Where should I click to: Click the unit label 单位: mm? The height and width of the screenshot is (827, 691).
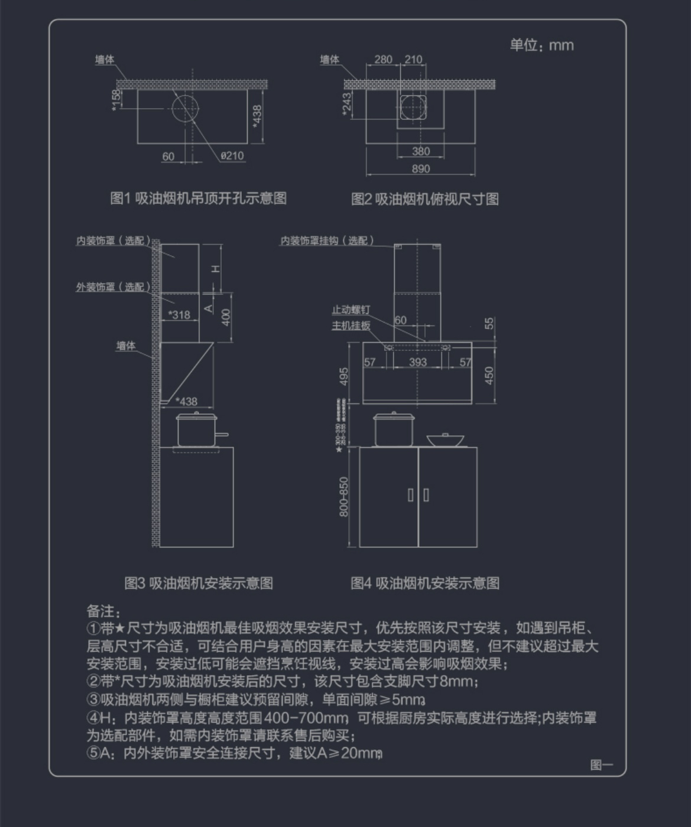coord(541,45)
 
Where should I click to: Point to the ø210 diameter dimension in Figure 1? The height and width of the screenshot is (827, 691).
coord(232,156)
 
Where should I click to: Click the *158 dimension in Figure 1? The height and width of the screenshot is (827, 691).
coord(116,99)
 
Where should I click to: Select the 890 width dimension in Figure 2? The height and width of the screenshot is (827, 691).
coord(421,169)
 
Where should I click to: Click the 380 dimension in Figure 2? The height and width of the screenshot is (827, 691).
coord(421,151)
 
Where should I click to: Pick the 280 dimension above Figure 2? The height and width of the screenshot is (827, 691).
coord(383,60)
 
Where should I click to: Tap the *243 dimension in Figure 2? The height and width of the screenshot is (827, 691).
coord(347,104)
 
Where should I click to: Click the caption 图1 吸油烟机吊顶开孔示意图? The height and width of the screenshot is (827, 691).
coord(199,198)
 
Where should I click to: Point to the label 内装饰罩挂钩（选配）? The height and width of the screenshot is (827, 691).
coord(327,241)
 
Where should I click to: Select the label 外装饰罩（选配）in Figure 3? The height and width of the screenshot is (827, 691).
coord(113,287)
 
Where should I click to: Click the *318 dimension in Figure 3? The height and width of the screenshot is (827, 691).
coord(179,315)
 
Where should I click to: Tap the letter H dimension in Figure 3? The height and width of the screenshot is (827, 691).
coord(216,269)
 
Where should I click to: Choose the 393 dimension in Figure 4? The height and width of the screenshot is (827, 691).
coord(418,362)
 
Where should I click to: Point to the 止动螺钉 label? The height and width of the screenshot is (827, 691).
coord(351,310)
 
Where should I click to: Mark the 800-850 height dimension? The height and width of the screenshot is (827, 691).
coord(344,497)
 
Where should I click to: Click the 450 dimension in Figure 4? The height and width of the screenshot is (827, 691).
coord(489,375)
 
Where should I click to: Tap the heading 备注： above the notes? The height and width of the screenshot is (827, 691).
coord(103,611)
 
